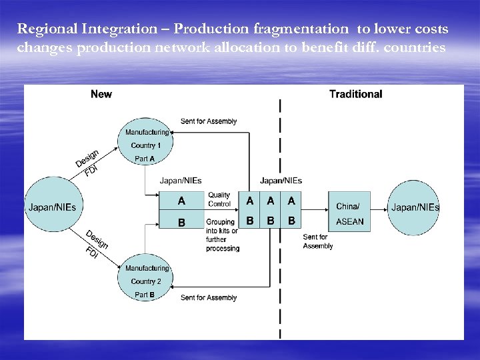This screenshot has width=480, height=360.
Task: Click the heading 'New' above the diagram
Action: pyautogui.click(x=101, y=94)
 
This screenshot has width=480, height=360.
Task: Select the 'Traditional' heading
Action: pyautogui.click(x=355, y=94)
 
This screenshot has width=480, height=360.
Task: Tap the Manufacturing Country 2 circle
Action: pyautogui.click(x=146, y=281)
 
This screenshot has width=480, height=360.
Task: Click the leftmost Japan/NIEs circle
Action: pyautogui.click(x=52, y=207)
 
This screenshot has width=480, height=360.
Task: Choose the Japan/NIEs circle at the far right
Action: pyautogui.click(x=415, y=207)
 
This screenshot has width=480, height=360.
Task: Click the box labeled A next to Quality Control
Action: pyautogui.click(x=181, y=200)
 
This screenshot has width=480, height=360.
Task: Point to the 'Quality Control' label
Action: pyautogui.click(x=219, y=199)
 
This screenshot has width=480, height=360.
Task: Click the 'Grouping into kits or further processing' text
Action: pyautogui.click(x=222, y=235)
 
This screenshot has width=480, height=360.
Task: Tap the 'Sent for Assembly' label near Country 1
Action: pyautogui.click(x=209, y=121)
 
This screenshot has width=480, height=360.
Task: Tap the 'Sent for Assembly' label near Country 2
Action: pyautogui.click(x=209, y=297)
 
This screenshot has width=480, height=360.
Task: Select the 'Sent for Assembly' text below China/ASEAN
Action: pyautogui.click(x=317, y=241)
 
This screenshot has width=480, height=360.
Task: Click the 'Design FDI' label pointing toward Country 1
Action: pyautogui.click(x=87, y=162)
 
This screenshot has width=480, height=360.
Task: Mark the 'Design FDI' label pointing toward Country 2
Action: pyautogui.click(x=95, y=245)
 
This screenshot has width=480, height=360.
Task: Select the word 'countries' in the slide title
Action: pyautogui.click(x=414, y=47)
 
